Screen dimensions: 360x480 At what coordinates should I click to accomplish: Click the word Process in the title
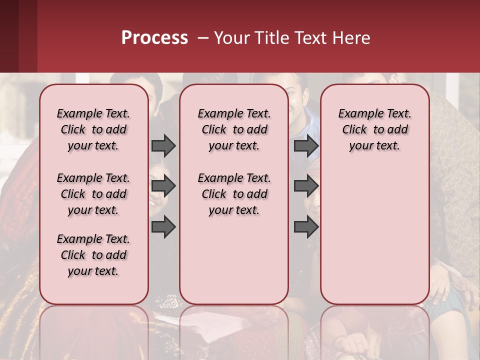click(154, 37)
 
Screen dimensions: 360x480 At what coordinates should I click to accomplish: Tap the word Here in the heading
click(350, 38)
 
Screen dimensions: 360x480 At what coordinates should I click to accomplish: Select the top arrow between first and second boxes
click(163, 145)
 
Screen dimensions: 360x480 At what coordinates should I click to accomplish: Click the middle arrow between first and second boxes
click(163, 186)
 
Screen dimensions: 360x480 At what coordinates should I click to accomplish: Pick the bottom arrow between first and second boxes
click(163, 226)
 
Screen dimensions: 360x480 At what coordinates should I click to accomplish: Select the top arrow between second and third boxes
click(306, 145)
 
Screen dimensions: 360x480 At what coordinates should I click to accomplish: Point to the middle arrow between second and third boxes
click(306, 186)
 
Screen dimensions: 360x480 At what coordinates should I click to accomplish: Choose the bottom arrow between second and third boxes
click(306, 226)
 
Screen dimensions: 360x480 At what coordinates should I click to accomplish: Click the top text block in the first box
click(93, 129)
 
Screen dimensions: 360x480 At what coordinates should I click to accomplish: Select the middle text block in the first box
click(93, 194)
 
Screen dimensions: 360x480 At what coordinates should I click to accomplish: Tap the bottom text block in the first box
click(93, 255)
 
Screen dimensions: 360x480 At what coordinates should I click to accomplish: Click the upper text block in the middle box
click(234, 129)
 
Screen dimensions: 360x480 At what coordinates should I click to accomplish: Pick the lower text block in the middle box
click(234, 194)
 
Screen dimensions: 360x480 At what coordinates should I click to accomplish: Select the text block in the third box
click(374, 129)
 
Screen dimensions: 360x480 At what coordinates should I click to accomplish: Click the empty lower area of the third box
click(374, 230)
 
